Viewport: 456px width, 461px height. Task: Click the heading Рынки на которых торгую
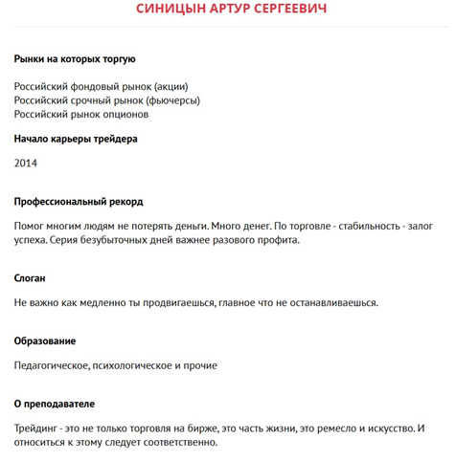(x=75, y=59)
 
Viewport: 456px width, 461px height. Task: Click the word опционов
(x=124, y=115)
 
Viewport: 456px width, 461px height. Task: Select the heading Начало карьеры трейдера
(x=76, y=139)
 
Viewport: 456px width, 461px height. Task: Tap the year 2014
(x=26, y=164)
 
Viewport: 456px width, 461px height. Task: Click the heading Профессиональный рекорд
(x=79, y=202)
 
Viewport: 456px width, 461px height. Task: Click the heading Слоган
(x=30, y=278)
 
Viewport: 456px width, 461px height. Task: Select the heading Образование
(x=45, y=341)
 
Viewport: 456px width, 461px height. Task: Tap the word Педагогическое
(x=53, y=365)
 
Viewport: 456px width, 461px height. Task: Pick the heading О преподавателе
(x=55, y=404)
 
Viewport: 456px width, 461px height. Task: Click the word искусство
(x=387, y=428)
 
